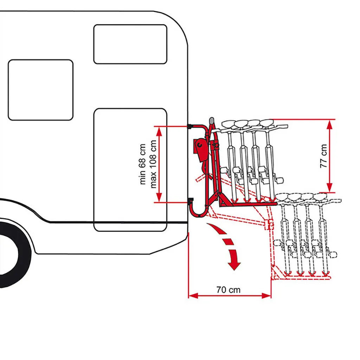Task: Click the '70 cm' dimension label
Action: click(229, 290)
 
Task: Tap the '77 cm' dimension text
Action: click(323, 155)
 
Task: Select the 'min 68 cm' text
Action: click(142, 164)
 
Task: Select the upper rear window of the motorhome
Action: click(130, 44)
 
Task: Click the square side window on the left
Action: click(40, 90)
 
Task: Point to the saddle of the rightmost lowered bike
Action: click(320, 196)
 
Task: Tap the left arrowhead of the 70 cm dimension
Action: click(192, 296)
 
